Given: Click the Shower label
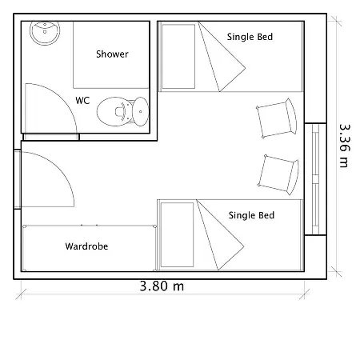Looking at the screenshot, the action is (x=112, y=54).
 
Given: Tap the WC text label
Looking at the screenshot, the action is (x=82, y=101).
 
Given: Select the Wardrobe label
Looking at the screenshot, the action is (x=86, y=246).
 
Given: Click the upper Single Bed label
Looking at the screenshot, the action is (x=250, y=37).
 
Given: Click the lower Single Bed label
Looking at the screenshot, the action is (x=251, y=215).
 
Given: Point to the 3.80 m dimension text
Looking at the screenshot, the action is (x=162, y=286).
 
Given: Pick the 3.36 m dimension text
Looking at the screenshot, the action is (x=344, y=146).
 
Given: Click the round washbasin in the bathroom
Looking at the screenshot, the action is (x=45, y=33).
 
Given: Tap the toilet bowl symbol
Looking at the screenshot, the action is (x=114, y=111).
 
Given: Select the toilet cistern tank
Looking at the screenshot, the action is (x=141, y=111).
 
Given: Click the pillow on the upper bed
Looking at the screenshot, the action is (x=178, y=56).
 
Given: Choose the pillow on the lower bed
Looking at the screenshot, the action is (x=177, y=234).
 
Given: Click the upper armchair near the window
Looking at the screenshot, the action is (x=277, y=118).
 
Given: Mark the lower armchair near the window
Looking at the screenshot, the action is (x=278, y=174).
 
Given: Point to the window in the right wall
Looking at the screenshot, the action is (x=315, y=179).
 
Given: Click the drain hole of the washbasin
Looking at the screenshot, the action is (x=45, y=32).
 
